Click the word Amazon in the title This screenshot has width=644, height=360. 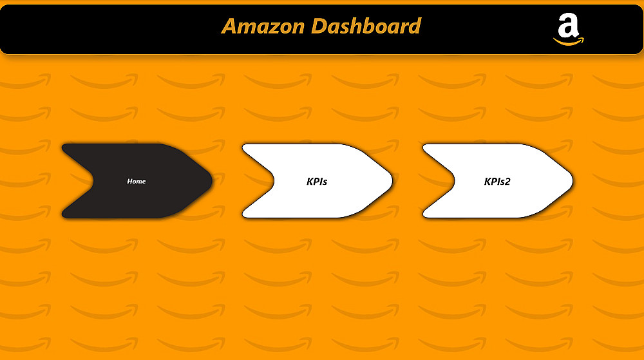(x=263, y=26)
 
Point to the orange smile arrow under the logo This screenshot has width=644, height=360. (x=569, y=43)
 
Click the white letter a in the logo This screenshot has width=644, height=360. (x=568, y=26)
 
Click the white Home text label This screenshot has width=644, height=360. (x=137, y=182)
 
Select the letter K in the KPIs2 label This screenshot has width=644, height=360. (x=488, y=182)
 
